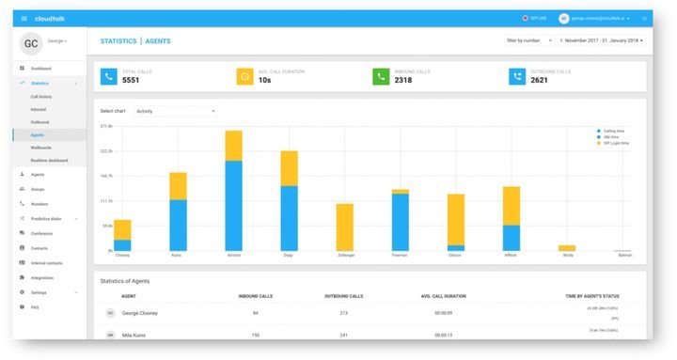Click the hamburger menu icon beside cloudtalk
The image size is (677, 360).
tap(24, 18)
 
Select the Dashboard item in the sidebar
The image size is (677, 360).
tap(40, 69)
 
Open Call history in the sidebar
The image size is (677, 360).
tap(41, 97)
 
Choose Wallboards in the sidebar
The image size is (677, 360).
tap(40, 148)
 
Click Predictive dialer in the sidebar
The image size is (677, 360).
tap(46, 218)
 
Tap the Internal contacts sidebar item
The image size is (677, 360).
tap(46, 263)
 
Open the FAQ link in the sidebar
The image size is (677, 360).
tap(35, 307)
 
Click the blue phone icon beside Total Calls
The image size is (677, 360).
tap(109, 76)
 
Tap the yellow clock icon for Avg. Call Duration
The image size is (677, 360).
tap(244, 76)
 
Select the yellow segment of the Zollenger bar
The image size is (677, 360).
tap(345, 227)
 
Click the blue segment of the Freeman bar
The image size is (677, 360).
tap(400, 222)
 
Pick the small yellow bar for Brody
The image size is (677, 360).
tap(567, 248)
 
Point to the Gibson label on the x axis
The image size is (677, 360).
tap(455, 255)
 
